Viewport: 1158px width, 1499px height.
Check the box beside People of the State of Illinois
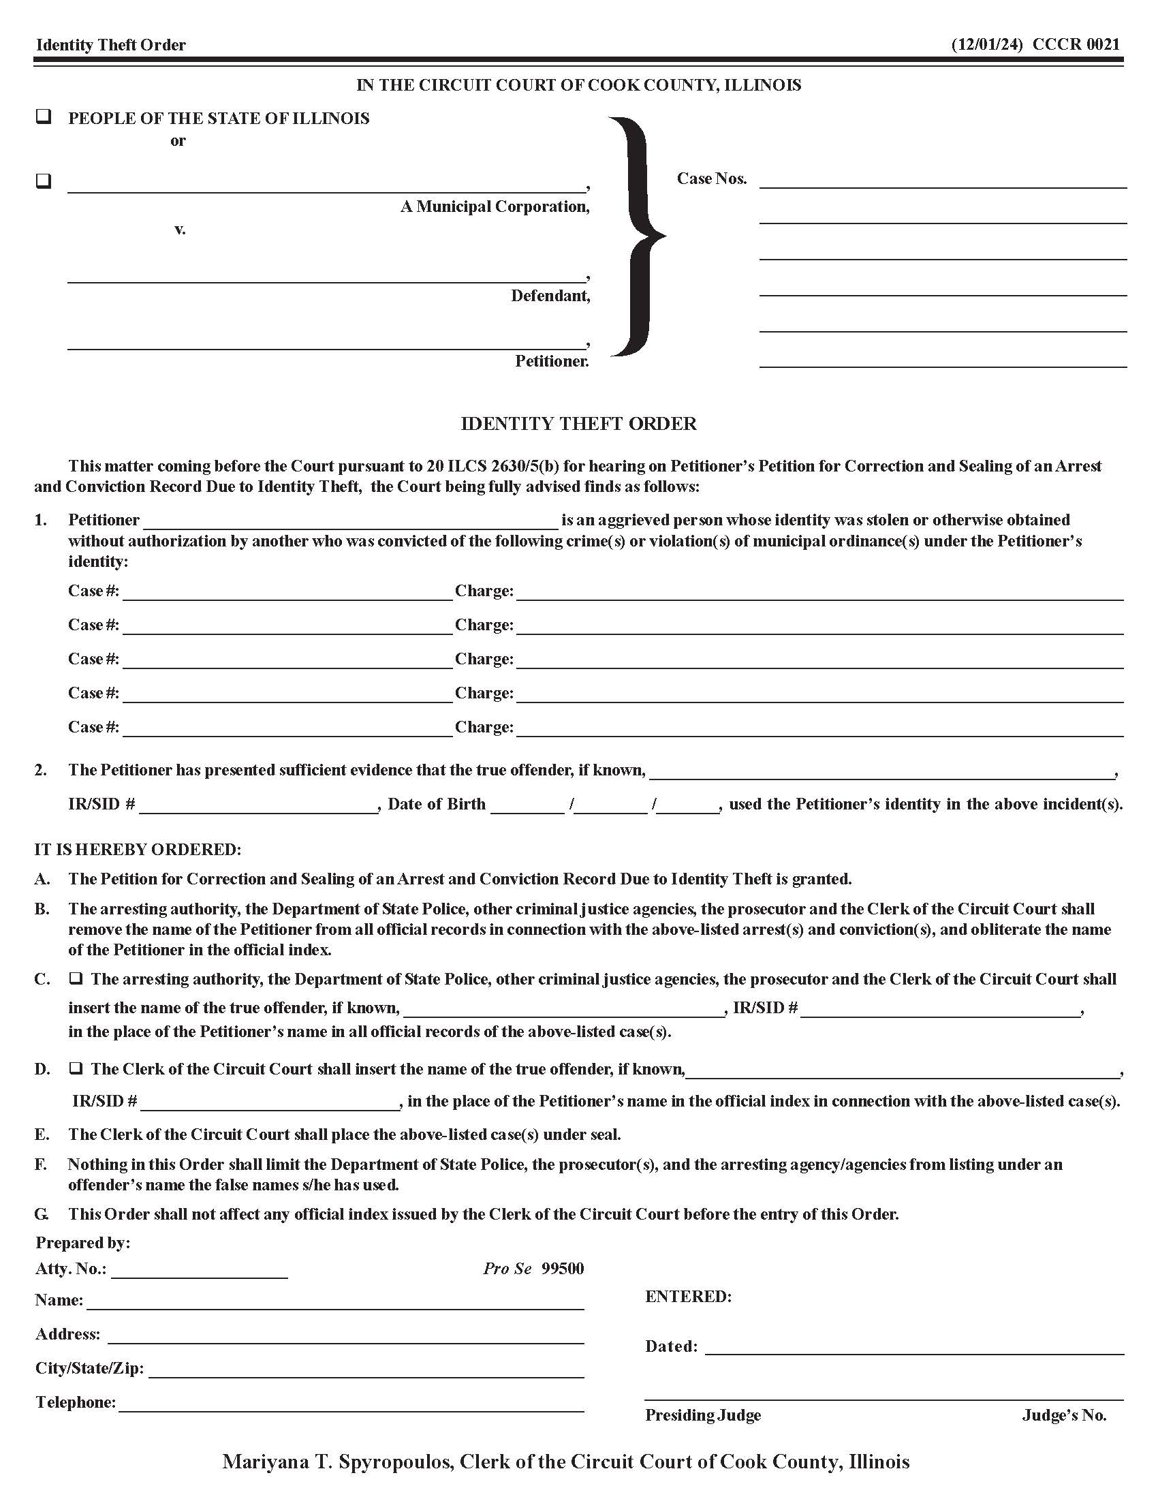click(43, 117)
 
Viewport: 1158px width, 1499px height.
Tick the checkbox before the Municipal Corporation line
click(43, 182)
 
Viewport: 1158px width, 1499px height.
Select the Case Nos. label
click(711, 179)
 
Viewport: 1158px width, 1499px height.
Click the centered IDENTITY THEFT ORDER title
click(578, 424)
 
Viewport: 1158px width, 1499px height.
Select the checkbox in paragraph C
click(76, 978)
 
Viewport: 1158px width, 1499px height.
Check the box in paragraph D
click(76, 1068)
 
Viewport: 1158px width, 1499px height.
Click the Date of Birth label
click(437, 804)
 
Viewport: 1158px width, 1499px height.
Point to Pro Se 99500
click(534, 1269)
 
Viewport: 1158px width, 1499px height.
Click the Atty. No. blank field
click(199, 1271)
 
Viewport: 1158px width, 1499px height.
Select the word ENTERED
click(688, 1297)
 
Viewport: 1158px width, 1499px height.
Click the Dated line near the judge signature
click(913, 1347)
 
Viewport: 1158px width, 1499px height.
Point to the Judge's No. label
click(1064, 1415)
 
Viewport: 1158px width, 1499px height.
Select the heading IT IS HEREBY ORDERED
click(138, 850)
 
